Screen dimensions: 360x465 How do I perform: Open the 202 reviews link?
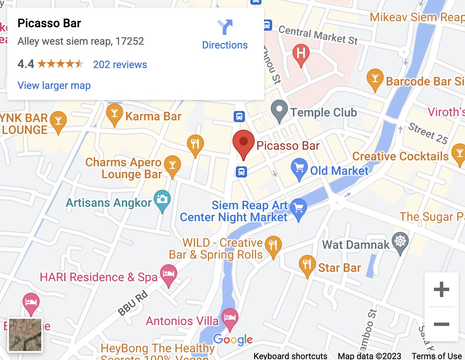coord(120,65)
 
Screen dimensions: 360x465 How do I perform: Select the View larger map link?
coord(54,86)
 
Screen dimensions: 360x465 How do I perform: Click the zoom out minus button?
coord(441,324)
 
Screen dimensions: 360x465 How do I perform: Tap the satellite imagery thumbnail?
coord(26,335)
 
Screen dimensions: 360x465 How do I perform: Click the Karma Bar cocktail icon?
coord(114,115)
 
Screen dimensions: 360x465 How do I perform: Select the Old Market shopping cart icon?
coord(299,169)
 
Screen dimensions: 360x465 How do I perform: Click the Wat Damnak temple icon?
coord(400,243)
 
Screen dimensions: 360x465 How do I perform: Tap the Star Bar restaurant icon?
coord(307,266)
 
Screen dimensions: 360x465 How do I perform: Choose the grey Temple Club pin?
coord(279,110)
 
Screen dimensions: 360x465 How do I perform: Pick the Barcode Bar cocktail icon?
coord(375,79)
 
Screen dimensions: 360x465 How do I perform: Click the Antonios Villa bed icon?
coord(230,319)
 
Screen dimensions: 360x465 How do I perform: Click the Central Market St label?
coord(318,35)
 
